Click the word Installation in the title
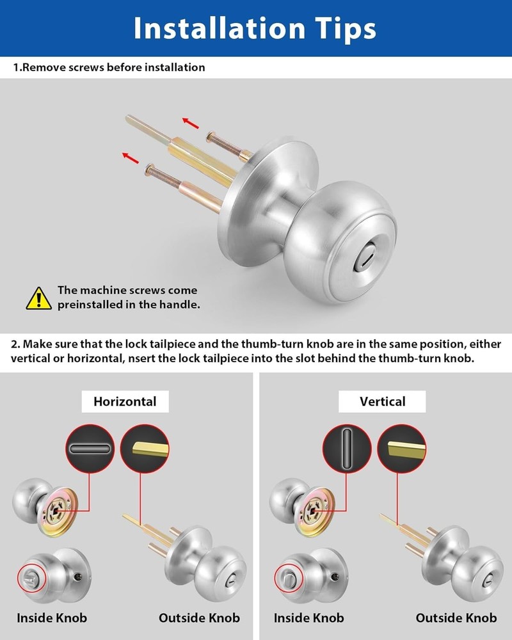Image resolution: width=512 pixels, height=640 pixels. coord(220,29)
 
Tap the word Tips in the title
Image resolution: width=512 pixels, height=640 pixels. coord(346,29)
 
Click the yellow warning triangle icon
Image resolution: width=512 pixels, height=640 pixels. coord(39,298)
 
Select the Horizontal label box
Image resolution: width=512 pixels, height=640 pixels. coord(125,402)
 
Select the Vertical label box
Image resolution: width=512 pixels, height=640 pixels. coord(382,402)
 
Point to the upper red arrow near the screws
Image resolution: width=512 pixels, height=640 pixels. coord(190,123)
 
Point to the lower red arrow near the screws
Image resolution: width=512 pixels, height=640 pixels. coord(131,157)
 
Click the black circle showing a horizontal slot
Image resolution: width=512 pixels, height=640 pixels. coord(90,449)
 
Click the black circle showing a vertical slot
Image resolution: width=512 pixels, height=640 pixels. coord(347,449)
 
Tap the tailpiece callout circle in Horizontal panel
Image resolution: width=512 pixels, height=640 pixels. coord(145,449)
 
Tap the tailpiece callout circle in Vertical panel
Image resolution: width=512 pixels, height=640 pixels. coord(402,449)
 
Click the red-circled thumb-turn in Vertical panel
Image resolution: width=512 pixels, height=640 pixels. coord(289,577)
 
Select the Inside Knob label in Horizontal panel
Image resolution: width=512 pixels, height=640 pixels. coord(52,618)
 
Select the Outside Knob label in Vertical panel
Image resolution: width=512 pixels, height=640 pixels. coord(456,618)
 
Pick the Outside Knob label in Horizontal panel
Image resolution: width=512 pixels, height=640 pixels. coord(199,618)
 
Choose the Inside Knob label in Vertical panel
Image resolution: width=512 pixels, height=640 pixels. coord(308,618)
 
